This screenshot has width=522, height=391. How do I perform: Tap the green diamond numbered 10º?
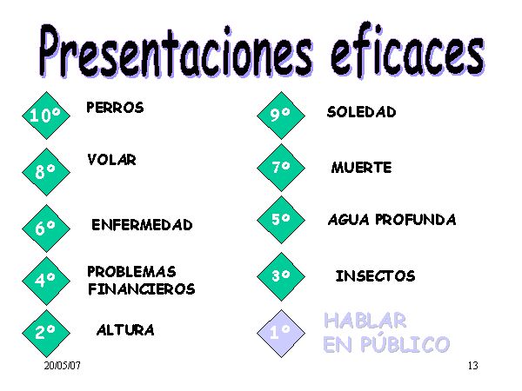pyautogui.click(x=46, y=116)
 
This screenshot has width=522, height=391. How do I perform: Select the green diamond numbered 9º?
pyautogui.click(x=281, y=115)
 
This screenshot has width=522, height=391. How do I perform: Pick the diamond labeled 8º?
pyautogui.click(x=46, y=172)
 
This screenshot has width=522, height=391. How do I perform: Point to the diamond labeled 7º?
pyautogui.click(x=281, y=167)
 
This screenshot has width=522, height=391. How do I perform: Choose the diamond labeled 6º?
pyautogui.click(x=46, y=229)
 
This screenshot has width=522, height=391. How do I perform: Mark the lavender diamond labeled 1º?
pyautogui.click(x=281, y=333)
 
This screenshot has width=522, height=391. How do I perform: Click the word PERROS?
pyautogui.click(x=115, y=108)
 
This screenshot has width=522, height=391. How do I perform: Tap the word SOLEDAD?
pyautogui.click(x=362, y=112)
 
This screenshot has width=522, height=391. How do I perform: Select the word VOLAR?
pyautogui.click(x=112, y=160)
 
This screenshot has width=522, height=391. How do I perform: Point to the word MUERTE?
pyautogui.click(x=362, y=167)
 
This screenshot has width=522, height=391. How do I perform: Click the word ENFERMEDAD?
pyautogui.click(x=142, y=225)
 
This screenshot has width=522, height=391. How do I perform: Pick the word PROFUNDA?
pyautogui.click(x=416, y=220)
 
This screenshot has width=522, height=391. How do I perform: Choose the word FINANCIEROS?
pyautogui.click(x=142, y=289)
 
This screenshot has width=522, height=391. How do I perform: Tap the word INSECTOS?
pyautogui.click(x=376, y=276)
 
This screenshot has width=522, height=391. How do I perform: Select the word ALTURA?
pyautogui.click(x=125, y=330)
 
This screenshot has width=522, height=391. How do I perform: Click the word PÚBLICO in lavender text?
pyautogui.click(x=405, y=344)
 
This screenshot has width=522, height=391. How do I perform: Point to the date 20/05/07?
pyautogui.click(x=63, y=366)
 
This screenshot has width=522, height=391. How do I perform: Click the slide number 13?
pyautogui.click(x=473, y=366)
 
